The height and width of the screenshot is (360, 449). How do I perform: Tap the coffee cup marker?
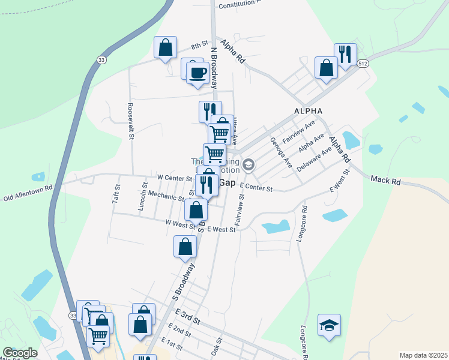click(197, 73)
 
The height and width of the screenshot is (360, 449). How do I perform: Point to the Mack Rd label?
click(385, 179)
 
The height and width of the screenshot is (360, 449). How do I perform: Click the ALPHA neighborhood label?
click(308, 111)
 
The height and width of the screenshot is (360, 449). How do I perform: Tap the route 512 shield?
click(362, 63)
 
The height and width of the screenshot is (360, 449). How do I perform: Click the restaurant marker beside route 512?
click(345, 55)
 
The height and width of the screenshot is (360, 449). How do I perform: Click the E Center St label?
click(256, 188)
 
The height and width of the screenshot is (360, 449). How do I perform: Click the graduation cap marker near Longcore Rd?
click(329, 325)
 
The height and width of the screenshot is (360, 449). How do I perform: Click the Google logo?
click(20, 353)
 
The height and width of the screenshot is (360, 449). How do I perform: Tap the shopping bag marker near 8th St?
click(166, 47)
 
